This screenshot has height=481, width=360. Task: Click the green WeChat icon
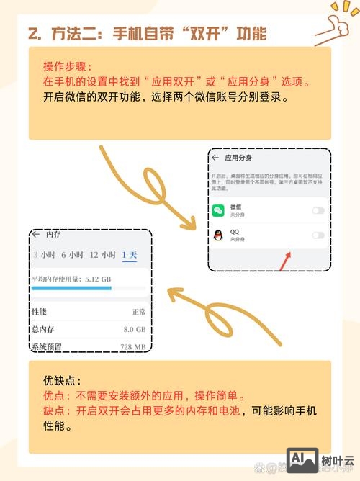[x=217, y=210]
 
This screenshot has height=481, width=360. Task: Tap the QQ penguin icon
[x=217, y=235]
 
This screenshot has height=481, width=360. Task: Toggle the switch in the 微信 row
[x=317, y=210]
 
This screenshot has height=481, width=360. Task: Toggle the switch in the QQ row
[x=317, y=235]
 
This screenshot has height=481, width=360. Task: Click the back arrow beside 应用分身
[x=215, y=157]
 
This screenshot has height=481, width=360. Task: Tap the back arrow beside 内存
[x=36, y=235]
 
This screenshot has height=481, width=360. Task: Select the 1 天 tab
[x=129, y=255]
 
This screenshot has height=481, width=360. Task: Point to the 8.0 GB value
[x=134, y=329]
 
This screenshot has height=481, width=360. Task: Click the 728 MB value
[x=132, y=347]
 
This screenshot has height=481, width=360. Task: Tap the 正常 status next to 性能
[x=139, y=312]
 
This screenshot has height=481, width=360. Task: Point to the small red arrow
[x=286, y=260]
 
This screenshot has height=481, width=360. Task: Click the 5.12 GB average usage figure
[x=97, y=278]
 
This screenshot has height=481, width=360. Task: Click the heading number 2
[x=32, y=33]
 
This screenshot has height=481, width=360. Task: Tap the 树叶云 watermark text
[x=337, y=462]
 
